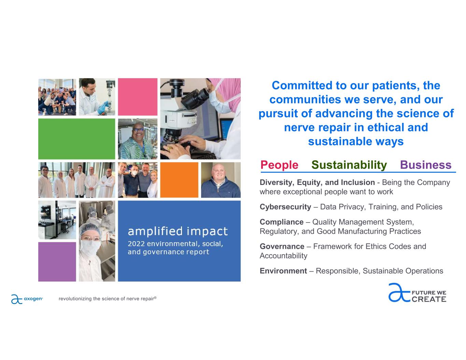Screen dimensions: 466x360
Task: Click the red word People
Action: (279, 165)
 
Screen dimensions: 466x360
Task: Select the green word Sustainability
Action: (349, 165)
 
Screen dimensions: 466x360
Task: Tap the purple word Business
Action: (426, 165)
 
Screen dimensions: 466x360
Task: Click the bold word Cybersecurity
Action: (285, 207)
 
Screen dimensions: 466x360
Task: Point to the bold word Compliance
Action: (282, 222)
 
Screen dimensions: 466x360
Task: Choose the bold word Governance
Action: (282, 246)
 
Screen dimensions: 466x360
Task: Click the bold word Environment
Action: (283, 271)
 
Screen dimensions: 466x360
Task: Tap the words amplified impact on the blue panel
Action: (178, 232)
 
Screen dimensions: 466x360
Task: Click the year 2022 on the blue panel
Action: (136, 244)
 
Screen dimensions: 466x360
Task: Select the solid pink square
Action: (138, 97)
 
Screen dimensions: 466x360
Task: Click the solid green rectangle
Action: (76, 139)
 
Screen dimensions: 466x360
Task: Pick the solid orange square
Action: (179, 180)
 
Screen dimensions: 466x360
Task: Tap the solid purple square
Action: (57, 262)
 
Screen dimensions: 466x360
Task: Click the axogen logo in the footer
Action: (27, 299)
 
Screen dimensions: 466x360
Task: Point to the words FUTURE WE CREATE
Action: (429, 296)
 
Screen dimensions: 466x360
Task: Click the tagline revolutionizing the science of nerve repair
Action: (108, 299)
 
